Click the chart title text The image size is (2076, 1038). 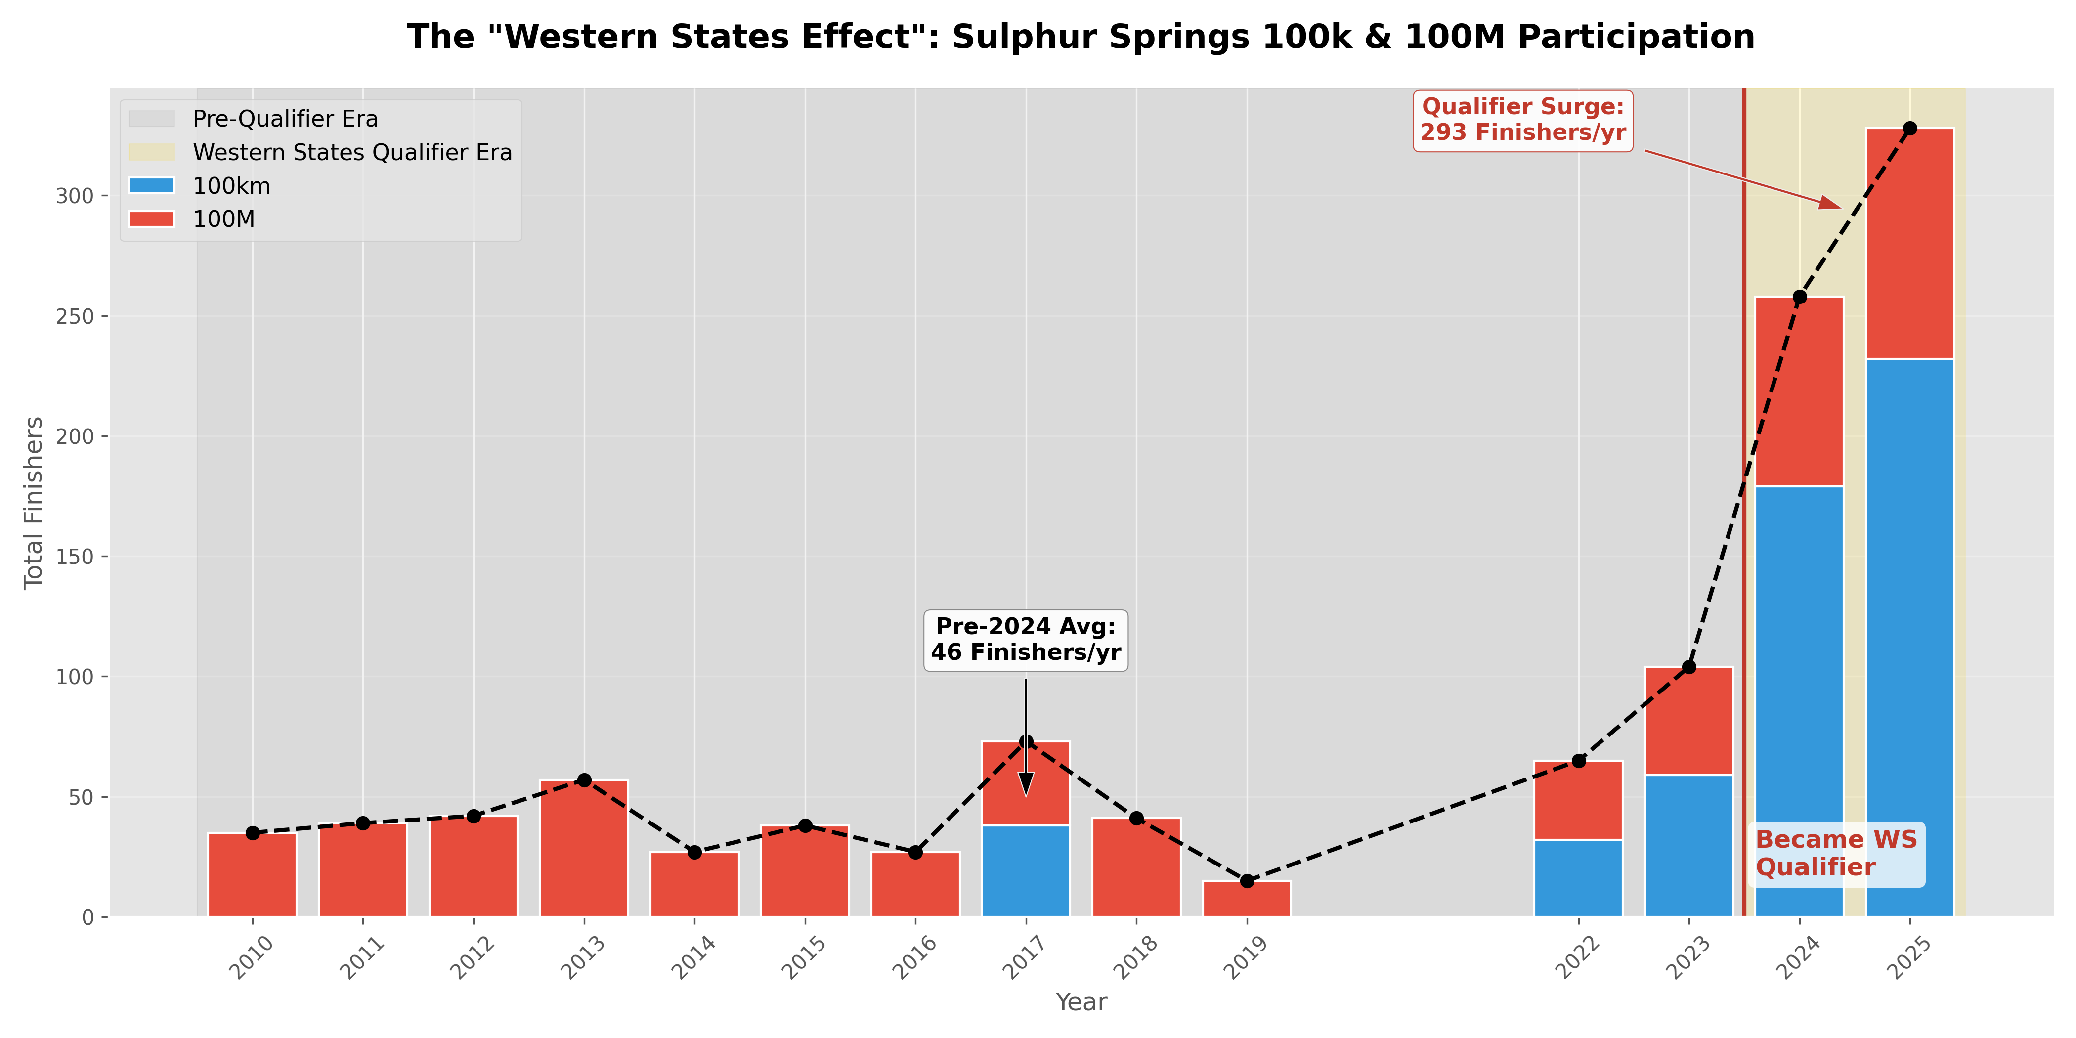pos(1080,37)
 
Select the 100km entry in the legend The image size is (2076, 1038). pos(231,186)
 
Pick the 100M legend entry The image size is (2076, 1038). pos(223,219)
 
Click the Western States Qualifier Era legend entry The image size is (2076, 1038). pos(352,152)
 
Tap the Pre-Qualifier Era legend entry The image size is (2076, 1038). pos(285,119)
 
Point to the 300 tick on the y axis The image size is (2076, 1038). pos(75,196)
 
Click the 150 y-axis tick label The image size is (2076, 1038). pos(75,557)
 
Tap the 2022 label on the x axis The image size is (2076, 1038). pos(1577,957)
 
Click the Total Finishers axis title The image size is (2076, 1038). pos(33,503)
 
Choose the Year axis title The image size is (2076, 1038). pos(1081,1002)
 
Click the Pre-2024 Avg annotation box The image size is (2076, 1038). pos(1025,640)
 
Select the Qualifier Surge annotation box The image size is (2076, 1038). pos(1522,120)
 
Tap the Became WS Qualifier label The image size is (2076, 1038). pos(1836,854)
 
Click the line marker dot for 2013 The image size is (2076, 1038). pos(584,780)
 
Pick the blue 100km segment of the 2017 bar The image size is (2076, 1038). pos(1025,870)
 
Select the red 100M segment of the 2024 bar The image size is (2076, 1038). pos(1799,391)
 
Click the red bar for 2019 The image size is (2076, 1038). pos(1247,899)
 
